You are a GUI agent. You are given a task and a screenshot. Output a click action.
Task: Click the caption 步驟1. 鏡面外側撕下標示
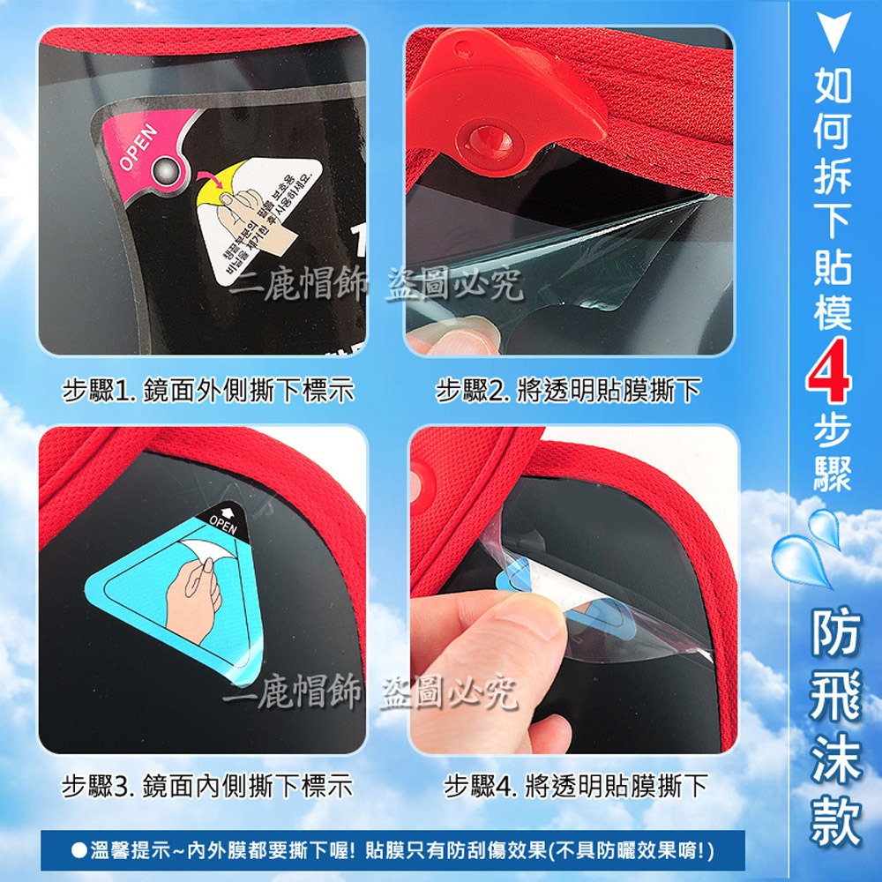(208, 390)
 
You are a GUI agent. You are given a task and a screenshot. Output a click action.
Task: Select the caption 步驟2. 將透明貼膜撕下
(569, 390)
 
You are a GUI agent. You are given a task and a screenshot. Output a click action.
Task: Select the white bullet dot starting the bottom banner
(78, 851)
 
